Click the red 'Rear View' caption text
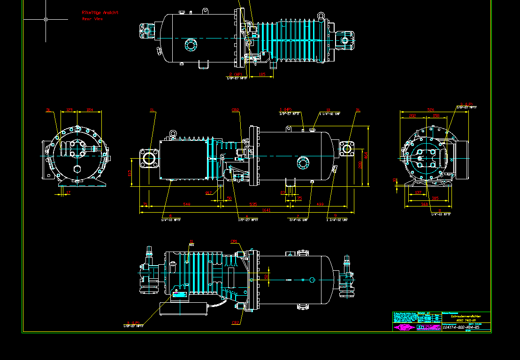[x=92, y=19]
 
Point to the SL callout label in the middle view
[x=152, y=110]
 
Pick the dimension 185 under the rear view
[x=262, y=75]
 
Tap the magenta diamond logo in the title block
[x=404, y=327]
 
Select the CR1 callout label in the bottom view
[x=234, y=242]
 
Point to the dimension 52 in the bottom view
[x=267, y=277]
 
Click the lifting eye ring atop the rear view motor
[x=321, y=16]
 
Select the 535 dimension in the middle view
[x=253, y=205]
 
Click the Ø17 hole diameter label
[x=209, y=192]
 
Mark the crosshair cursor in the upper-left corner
[x=46, y=19]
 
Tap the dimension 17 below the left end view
[x=68, y=192]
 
